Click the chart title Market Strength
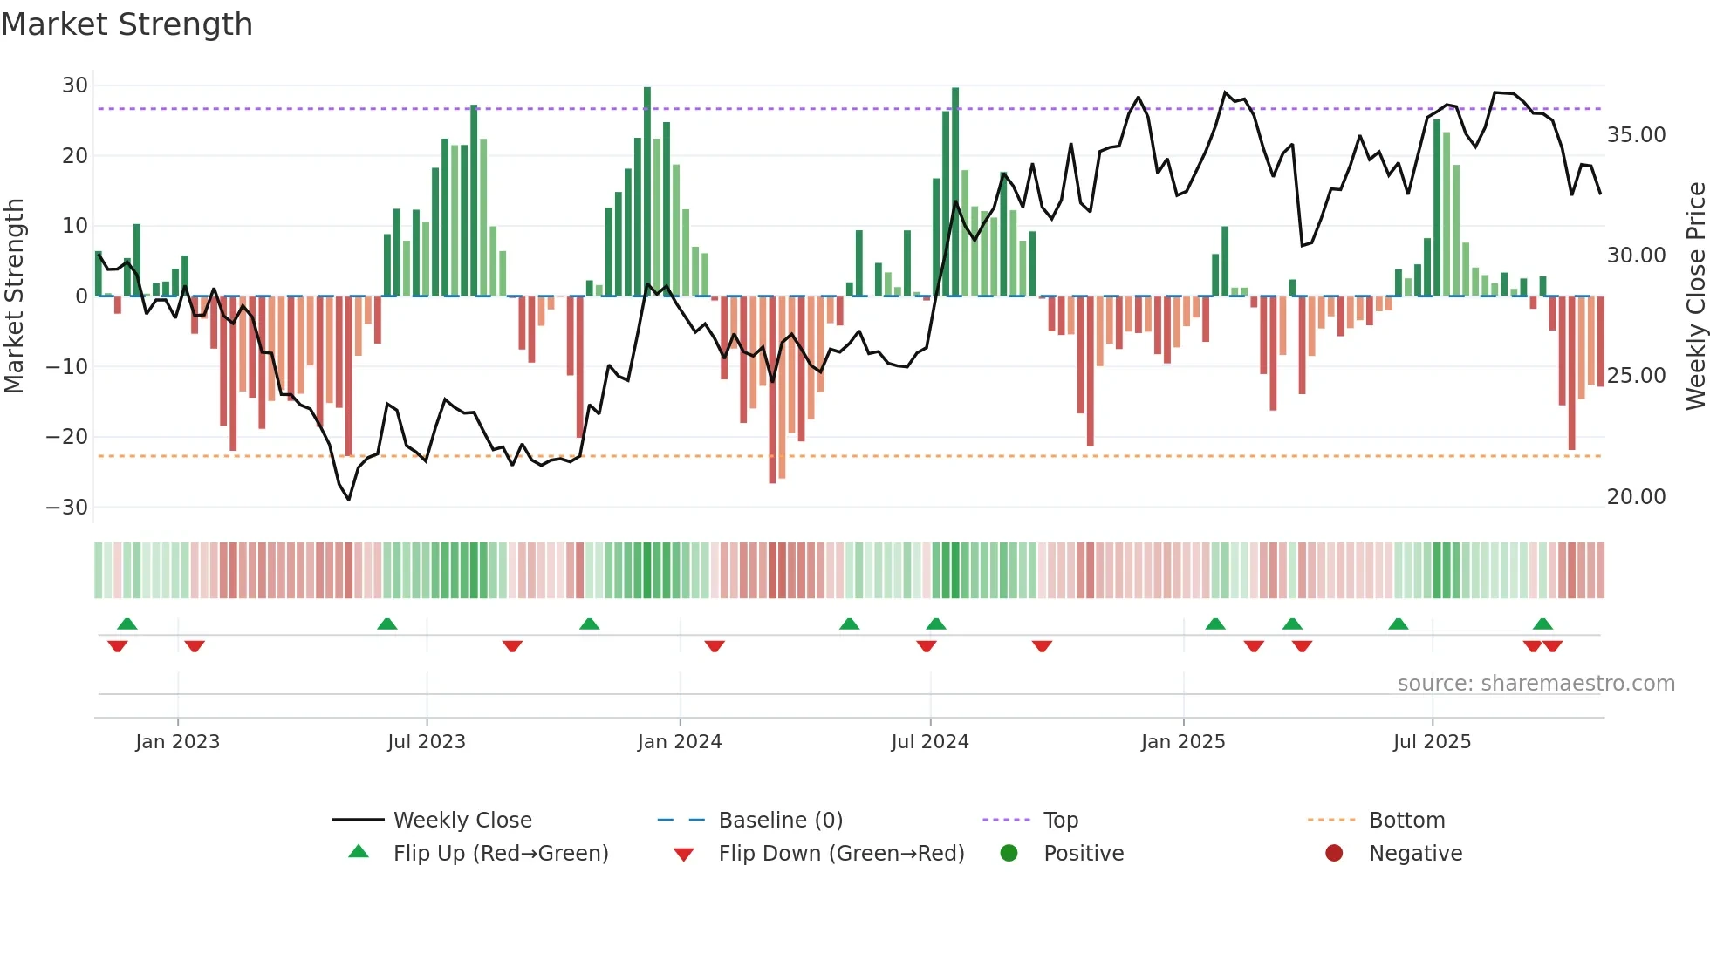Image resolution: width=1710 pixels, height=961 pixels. coord(127,24)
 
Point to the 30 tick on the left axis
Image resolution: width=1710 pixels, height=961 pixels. coord(75,85)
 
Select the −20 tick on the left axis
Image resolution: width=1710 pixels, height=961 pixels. coord(68,437)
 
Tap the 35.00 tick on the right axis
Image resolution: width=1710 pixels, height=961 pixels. coord(1636,135)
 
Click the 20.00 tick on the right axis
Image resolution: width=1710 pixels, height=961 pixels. coord(1636,497)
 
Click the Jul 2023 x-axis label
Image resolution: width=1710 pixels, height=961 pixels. coord(427,742)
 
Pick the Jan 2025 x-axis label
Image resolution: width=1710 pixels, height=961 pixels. coord(1183,742)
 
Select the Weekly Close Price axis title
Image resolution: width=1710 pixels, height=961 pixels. coord(1695,296)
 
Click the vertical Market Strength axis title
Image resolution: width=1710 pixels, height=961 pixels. coord(15,296)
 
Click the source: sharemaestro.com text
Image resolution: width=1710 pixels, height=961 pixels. coord(1536,684)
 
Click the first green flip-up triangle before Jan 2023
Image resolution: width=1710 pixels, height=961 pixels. coord(127,624)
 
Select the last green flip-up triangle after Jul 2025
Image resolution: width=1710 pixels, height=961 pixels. coord(1542,624)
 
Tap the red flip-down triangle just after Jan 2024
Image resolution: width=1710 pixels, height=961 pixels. coord(715,646)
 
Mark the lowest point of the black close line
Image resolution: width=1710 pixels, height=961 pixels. coord(349,499)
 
